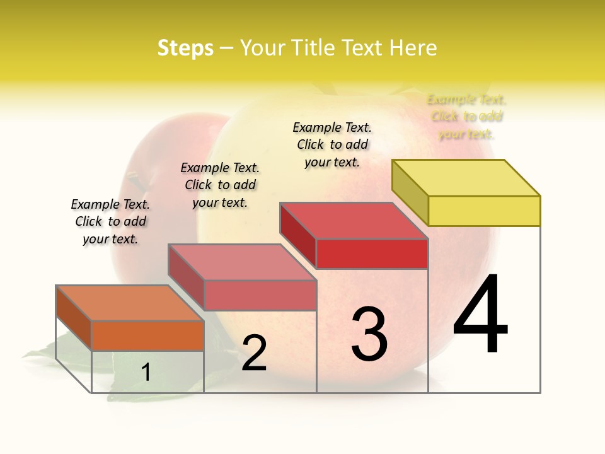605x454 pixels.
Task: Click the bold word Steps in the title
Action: tap(185, 48)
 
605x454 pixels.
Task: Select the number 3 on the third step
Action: tap(369, 334)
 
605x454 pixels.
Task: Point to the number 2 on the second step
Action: tap(254, 353)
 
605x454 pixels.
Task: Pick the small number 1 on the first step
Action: tap(146, 373)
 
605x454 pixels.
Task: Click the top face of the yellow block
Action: tap(466, 178)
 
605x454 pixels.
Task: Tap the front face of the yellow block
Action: tap(484, 211)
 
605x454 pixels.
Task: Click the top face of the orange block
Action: tap(130, 303)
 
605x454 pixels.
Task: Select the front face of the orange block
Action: tap(147, 335)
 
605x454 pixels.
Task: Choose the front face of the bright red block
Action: tap(372, 253)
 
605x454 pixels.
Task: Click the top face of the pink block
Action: tap(242, 262)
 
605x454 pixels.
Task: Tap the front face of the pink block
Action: tap(260, 295)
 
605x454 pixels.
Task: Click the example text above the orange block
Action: tap(110, 221)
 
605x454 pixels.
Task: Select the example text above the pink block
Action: tap(220, 185)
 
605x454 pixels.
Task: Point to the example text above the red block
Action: tap(332, 144)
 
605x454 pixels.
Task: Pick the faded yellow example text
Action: tap(466, 117)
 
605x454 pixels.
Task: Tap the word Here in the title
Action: tap(413, 48)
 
